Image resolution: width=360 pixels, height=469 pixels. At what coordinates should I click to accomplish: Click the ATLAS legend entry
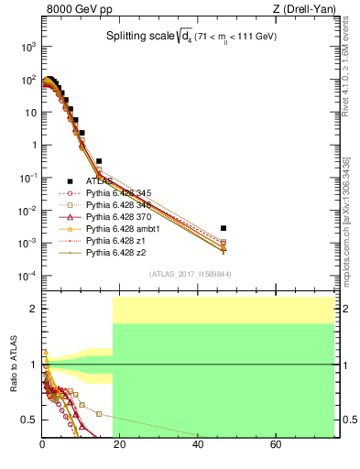pos(97,181)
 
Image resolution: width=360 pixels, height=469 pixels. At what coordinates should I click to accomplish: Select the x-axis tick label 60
pos(276,447)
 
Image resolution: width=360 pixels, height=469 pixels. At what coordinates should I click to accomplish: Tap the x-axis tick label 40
pos(198,447)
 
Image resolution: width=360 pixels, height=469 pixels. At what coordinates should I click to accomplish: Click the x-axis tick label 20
pos(120,447)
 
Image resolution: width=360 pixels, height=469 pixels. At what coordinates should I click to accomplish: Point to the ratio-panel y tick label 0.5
pos(29,420)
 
